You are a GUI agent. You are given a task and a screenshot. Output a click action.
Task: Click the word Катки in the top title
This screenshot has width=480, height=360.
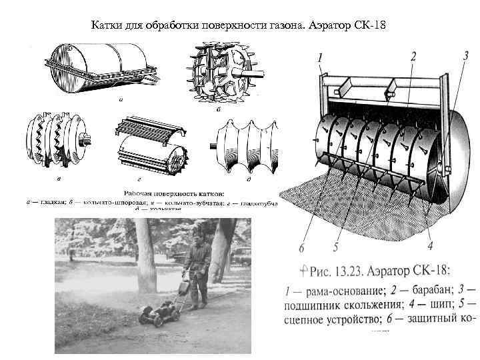[107, 26]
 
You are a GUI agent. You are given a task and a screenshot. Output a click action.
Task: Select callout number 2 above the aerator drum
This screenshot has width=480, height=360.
[414, 57]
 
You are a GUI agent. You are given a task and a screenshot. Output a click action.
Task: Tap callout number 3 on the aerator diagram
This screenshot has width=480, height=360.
[465, 57]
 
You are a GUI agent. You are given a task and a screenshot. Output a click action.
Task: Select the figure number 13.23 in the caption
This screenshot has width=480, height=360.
[355, 270]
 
